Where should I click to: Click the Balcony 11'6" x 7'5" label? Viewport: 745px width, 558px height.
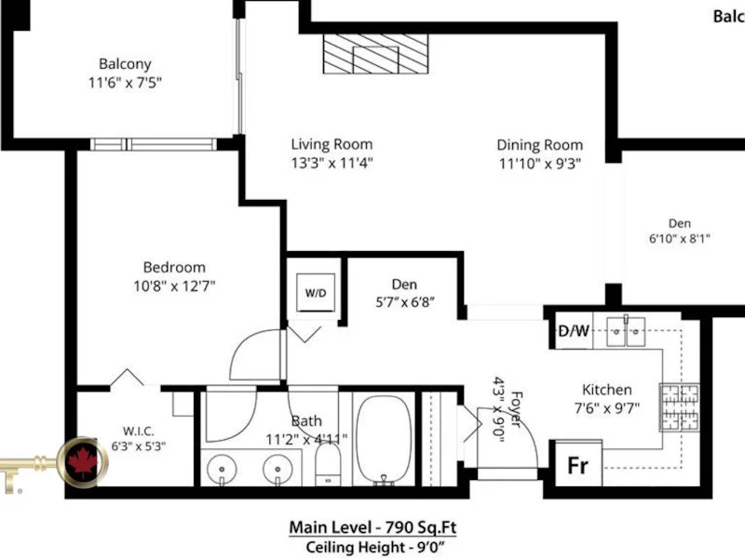click(x=125, y=73)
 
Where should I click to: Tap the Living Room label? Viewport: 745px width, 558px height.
click(x=332, y=144)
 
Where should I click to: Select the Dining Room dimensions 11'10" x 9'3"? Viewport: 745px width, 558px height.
click(x=540, y=164)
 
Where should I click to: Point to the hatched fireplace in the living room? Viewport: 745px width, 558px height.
click(x=375, y=54)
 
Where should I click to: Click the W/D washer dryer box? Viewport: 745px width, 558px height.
click(x=316, y=292)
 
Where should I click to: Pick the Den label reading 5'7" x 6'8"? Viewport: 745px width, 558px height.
click(x=405, y=293)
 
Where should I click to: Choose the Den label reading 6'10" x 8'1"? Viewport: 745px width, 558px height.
click(x=680, y=231)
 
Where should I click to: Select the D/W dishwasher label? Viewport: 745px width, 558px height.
click(x=574, y=331)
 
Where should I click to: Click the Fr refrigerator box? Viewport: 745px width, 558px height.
click(x=578, y=463)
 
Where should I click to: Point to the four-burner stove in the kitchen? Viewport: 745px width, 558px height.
click(x=680, y=407)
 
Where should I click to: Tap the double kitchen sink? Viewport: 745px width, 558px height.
click(x=626, y=331)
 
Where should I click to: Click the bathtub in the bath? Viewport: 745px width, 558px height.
click(x=385, y=440)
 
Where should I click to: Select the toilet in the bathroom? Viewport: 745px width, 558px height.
click(x=328, y=464)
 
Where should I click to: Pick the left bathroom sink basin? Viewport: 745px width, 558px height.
click(x=222, y=470)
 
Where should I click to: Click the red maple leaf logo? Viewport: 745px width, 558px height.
click(x=83, y=462)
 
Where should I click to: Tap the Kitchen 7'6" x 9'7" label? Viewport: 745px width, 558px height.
click(x=607, y=399)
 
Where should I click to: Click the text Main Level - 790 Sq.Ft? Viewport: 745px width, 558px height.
click(x=373, y=527)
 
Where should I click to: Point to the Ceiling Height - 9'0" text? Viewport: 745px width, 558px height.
click(x=375, y=547)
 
